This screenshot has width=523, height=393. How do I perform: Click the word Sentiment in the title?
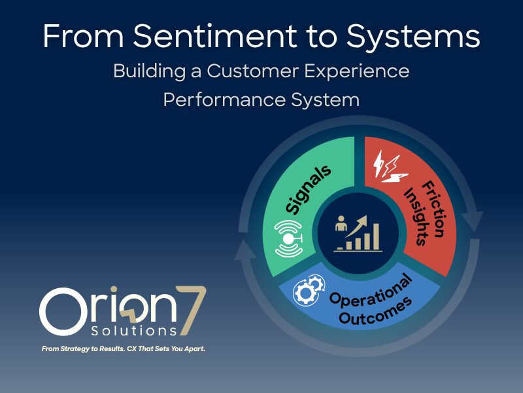coord(215,36)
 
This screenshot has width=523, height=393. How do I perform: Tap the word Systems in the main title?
coord(413,37)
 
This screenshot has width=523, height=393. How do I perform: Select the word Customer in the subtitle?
coord(252,71)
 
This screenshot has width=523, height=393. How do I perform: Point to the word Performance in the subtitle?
coord(224,100)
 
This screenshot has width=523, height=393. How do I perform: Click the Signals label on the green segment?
coord(308,189)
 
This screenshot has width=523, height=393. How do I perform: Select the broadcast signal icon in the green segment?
coord(289,238)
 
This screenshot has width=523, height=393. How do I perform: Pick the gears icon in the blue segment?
coord(308,290)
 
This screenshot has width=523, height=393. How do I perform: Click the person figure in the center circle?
coord(341,223)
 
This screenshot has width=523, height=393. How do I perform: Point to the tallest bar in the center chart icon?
coord(376,236)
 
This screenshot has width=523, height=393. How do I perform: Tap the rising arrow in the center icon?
coord(356,226)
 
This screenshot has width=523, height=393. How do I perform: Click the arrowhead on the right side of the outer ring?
coord(475,221)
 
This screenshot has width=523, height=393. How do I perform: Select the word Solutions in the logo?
coord(134,331)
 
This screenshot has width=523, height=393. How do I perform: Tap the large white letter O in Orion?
coord(63,312)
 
